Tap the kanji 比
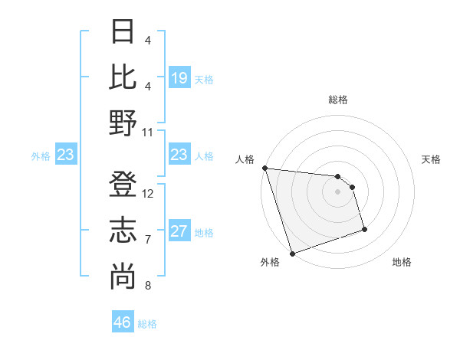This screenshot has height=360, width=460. pos(123,77)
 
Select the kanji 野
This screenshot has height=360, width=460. pos(123,122)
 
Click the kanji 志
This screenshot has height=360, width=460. pos(123,231)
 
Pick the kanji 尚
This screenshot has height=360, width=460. pos(123,276)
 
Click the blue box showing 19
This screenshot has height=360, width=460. pos(179,78)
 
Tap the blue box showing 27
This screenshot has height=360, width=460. pos(179,232)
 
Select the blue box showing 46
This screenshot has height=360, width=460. pos(123,322)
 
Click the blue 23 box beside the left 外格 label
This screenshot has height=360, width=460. pos(65,155)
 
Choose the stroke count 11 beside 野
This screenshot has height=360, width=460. pos(148,132)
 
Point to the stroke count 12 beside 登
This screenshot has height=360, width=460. pos(148,194)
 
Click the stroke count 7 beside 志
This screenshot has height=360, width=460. pos(147,240)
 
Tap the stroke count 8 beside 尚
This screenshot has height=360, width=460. pos(147,286)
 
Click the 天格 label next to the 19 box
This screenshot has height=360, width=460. pos(204,80)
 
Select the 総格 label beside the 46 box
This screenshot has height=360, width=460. pos(147,324)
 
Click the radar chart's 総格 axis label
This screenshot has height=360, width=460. pos(337,100)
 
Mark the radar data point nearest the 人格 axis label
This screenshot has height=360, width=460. pos(264,168)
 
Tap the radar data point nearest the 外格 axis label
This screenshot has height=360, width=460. pos(292,253)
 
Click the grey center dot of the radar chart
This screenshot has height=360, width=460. pos(337,191)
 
